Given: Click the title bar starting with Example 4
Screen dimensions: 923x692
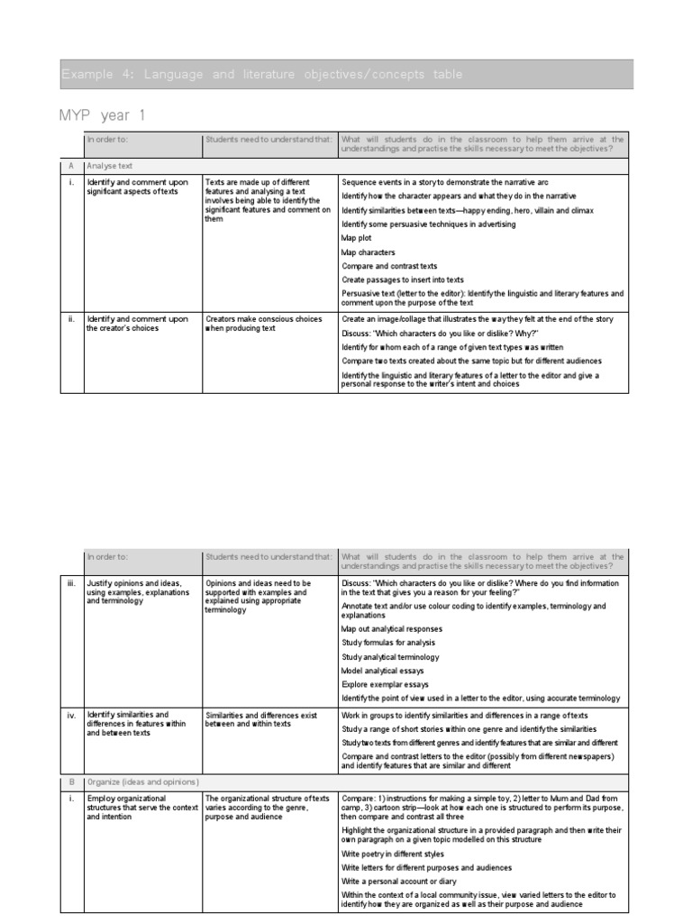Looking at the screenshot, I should pyautogui.click(x=261, y=75).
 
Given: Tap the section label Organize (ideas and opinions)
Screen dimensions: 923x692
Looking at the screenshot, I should pyautogui.click(x=142, y=781).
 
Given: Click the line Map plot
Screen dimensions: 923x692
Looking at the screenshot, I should pyautogui.click(x=356, y=238).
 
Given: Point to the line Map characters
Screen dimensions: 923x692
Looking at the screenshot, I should pyautogui.click(x=369, y=252).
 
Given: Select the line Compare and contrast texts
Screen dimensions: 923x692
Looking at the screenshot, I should pyautogui.click(x=389, y=266).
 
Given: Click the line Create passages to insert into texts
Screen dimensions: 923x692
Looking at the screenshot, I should pyautogui.click(x=403, y=279).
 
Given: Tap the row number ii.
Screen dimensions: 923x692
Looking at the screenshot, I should pyautogui.click(x=71, y=319).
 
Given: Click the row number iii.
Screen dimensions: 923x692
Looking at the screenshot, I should pyautogui.click(x=71, y=583).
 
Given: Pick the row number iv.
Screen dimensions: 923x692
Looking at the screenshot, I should pyautogui.click(x=71, y=715).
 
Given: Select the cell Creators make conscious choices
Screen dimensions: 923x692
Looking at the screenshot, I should pyautogui.click(x=262, y=324).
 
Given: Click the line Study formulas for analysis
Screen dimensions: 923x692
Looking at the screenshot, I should pyautogui.click(x=388, y=643).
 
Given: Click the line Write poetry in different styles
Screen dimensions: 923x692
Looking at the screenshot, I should pyautogui.click(x=393, y=853).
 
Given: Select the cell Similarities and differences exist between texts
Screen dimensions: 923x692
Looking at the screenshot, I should pyautogui.click(x=261, y=719).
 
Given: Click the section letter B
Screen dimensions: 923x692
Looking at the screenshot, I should pyautogui.click(x=71, y=781).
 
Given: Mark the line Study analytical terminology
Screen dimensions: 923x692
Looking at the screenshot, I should pyautogui.click(x=391, y=657).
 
